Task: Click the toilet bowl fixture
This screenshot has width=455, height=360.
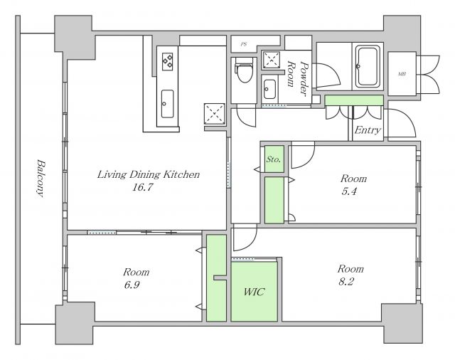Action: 244,70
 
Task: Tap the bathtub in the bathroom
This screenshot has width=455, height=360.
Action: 368,66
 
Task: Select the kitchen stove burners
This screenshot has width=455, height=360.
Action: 168,62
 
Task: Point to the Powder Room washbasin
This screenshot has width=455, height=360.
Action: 269,89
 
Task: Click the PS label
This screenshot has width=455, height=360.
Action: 244,44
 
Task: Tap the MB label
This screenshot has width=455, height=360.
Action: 402,74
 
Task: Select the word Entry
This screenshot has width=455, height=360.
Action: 368,129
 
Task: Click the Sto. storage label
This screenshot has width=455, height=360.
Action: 274,159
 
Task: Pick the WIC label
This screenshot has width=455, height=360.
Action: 255,292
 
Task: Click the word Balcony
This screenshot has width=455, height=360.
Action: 41,178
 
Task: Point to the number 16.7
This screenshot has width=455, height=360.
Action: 142,187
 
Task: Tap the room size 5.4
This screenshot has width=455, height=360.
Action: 349,191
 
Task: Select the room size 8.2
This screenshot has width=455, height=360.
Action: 346,281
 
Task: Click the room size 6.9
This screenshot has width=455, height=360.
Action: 132,285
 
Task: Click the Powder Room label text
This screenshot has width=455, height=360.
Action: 296,78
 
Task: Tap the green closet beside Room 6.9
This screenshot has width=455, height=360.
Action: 216,278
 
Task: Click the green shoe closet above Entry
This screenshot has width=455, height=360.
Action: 354,100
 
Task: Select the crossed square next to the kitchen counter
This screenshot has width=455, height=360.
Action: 215,114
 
